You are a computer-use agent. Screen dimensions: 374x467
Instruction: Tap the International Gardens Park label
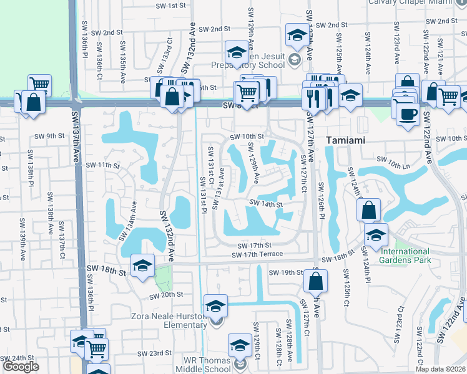(x=405, y=256)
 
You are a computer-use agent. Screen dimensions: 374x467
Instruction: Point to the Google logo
(x=21, y=367)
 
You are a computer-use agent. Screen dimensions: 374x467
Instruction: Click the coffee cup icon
(x=408, y=115)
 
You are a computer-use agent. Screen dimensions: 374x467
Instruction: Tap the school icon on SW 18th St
(x=142, y=266)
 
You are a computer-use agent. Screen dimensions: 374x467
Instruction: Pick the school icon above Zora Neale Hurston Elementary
(x=215, y=305)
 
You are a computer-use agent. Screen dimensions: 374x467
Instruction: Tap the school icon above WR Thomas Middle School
(x=240, y=345)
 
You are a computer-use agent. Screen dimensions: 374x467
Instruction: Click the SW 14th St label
(x=267, y=203)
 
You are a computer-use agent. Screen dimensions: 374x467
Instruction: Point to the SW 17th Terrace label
(x=257, y=254)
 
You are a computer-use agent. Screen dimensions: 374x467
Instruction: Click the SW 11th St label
(x=103, y=165)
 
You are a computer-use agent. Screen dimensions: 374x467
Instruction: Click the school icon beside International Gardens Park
(x=376, y=234)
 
